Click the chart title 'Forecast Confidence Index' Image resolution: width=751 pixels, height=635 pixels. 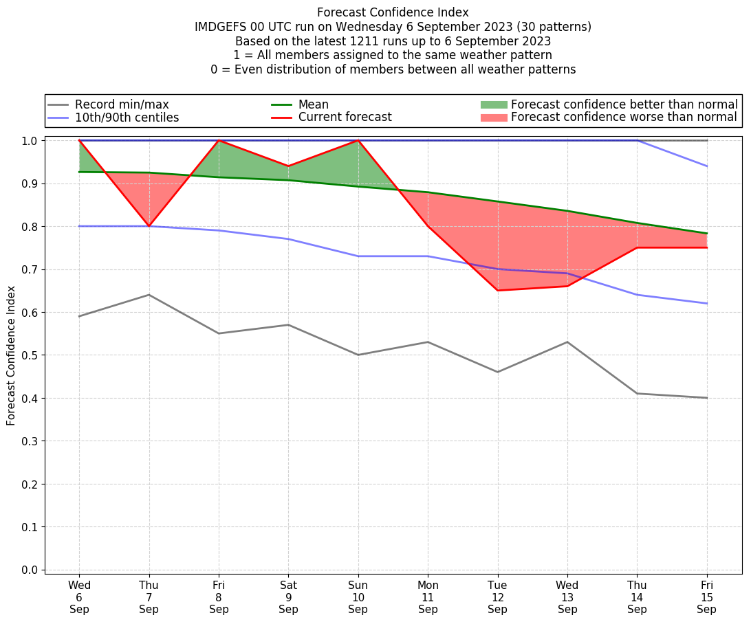click(393, 12)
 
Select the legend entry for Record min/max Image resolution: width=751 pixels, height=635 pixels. click(122, 104)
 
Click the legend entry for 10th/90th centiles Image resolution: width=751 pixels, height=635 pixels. click(127, 118)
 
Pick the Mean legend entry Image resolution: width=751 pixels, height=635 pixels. click(313, 104)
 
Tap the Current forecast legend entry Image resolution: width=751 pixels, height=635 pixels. click(345, 118)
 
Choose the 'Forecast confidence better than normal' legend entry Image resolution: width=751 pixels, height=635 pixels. click(624, 104)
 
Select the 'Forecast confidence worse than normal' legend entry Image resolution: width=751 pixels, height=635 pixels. click(624, 118)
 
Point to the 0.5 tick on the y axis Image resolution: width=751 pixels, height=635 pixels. click(31, 355)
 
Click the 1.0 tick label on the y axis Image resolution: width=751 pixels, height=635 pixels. click(31, 141)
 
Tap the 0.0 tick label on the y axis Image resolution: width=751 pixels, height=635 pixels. click(31, 570)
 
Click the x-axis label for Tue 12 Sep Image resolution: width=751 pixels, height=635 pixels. click(497, 597)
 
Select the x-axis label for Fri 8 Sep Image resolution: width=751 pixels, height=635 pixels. click(219, 597)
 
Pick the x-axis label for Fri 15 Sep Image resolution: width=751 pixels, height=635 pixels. click(707, 597)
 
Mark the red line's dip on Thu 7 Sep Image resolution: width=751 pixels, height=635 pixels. click(149, 226)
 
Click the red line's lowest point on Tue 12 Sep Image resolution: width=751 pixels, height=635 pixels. click(497, 290)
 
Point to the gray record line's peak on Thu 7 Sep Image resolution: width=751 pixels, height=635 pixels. click(149, 295)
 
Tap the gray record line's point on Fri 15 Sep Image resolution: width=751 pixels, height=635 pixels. click(707, 398)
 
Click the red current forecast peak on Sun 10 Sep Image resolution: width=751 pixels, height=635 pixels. click(358, 140)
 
